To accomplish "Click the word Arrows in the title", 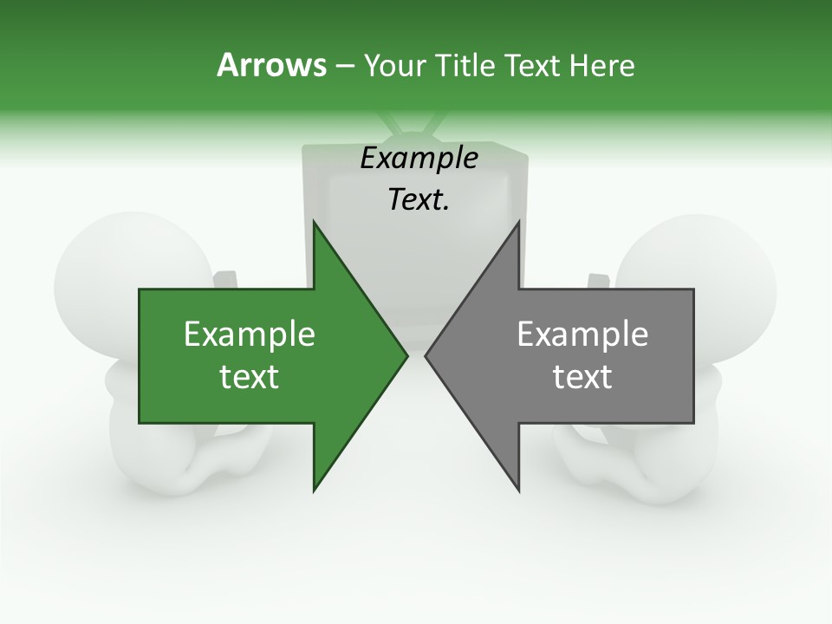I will (270, 65).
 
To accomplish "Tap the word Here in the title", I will (602, 65).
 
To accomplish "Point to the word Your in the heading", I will (394, 65).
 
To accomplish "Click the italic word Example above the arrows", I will (419, 159).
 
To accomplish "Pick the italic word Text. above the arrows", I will (419, 200).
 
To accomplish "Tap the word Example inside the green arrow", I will (250, 335).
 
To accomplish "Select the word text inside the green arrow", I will (250, 377).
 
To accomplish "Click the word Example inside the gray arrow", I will (582, 335).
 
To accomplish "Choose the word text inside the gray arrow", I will (582, 377).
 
